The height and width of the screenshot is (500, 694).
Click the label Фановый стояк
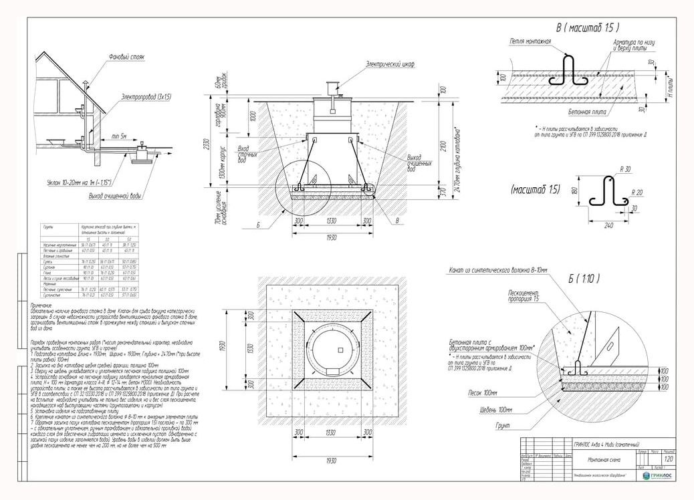[x=126, y=57]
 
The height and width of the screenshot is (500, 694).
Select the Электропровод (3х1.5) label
[x=146, y=98]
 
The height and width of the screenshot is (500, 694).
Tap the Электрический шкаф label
[x=390, y=64]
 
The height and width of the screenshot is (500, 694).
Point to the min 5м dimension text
[x=120, y=136]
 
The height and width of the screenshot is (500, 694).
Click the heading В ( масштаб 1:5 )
[x=588, y=28]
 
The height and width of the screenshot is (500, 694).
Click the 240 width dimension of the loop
[x=608, y=225]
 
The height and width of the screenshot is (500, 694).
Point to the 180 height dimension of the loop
[x=574, y=191]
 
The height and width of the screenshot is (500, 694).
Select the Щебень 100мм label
[x=495, y=409]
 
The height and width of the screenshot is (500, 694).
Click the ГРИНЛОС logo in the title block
[x=659, y=475]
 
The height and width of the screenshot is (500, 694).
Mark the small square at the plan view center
[x=340, y=349]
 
